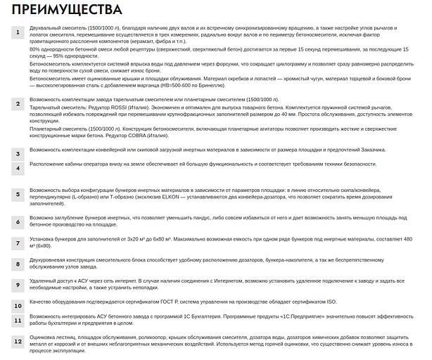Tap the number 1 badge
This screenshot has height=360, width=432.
click(x=18, y=33)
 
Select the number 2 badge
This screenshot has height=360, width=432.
click(x=18, y=103)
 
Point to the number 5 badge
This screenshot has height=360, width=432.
click(x=18, y=193)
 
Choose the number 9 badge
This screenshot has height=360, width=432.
click(x=18, y=285)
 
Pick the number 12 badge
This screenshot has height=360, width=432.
click(x=18, y=341)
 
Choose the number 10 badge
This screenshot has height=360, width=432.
click(x=18, y=306)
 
